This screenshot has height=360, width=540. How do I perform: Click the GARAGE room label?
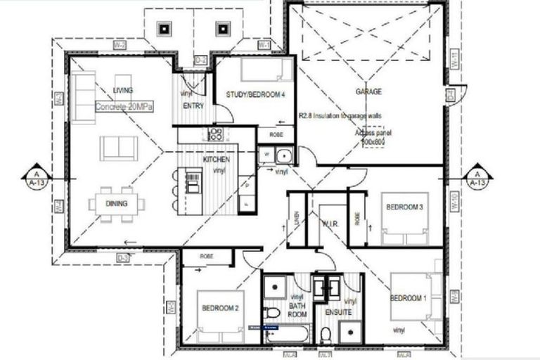pyautogui.click(x=368, y=92)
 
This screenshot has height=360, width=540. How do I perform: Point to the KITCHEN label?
pyautogui.click(x=216, y=160)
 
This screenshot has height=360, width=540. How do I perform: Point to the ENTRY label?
pyautogui.click(x=193, y=105)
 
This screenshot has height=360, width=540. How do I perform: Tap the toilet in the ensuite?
pyautogui.click(x=325, y=335)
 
